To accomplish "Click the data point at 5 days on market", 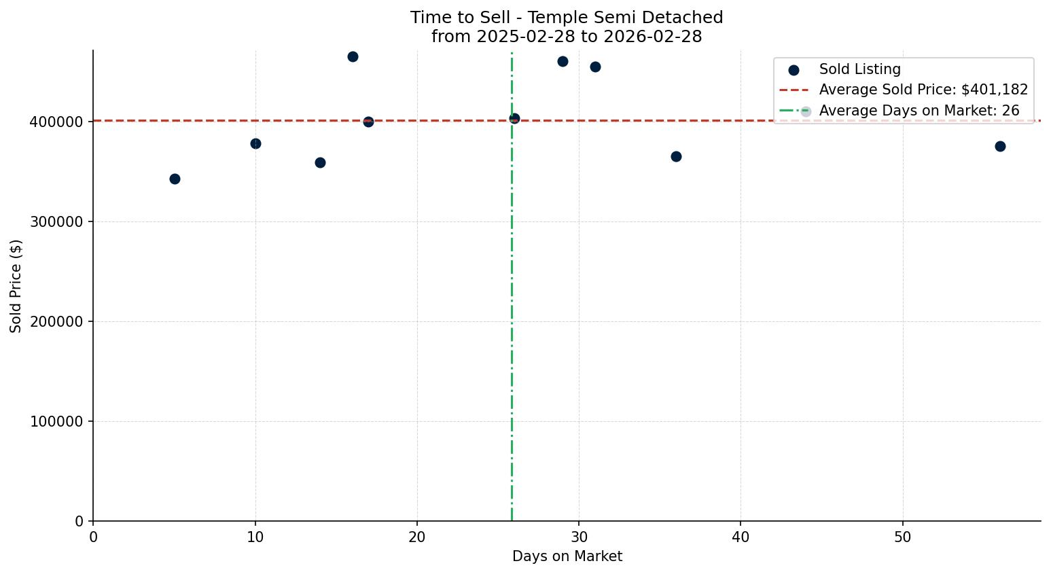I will coord(175,179).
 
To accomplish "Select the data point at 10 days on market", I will coord(255,143).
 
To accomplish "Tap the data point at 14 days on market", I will coord(320,162).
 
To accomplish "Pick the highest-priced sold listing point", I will coord(353,56).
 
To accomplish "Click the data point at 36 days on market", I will coord(676,156).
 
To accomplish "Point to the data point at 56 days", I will coord(1000,146).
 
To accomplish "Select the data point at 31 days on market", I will coord(595,67).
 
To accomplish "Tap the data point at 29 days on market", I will coord(563,61).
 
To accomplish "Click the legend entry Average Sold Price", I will coord(923,90).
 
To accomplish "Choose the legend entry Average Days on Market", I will coord(919,111).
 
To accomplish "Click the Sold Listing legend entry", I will coord(859,69).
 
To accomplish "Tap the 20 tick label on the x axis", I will coord(417,537).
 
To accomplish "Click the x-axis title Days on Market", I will coord(567,557).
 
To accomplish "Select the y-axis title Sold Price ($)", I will coord(16,286).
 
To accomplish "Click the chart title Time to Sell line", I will coord(567,18).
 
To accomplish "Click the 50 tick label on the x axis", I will coord(902,537).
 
